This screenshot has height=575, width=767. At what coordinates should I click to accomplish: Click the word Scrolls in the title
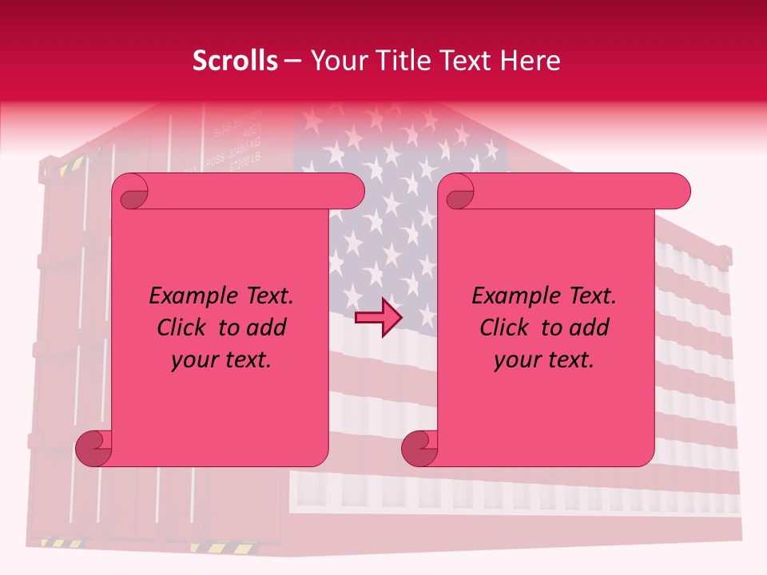(x=235, y=61)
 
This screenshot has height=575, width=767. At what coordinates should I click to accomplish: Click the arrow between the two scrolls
(x=378, y=317)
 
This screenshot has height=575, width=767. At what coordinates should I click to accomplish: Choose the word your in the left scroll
(x=193, y=360)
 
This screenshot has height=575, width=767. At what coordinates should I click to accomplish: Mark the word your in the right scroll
(x=515, y=360)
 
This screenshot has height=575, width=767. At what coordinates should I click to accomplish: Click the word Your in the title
(x=332, y=61)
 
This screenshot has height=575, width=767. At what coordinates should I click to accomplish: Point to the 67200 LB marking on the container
(x=244, y=165)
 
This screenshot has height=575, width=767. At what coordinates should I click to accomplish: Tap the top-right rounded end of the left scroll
(x=352, y=191)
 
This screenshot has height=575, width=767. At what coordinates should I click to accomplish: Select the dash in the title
(x=292, y=61)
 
